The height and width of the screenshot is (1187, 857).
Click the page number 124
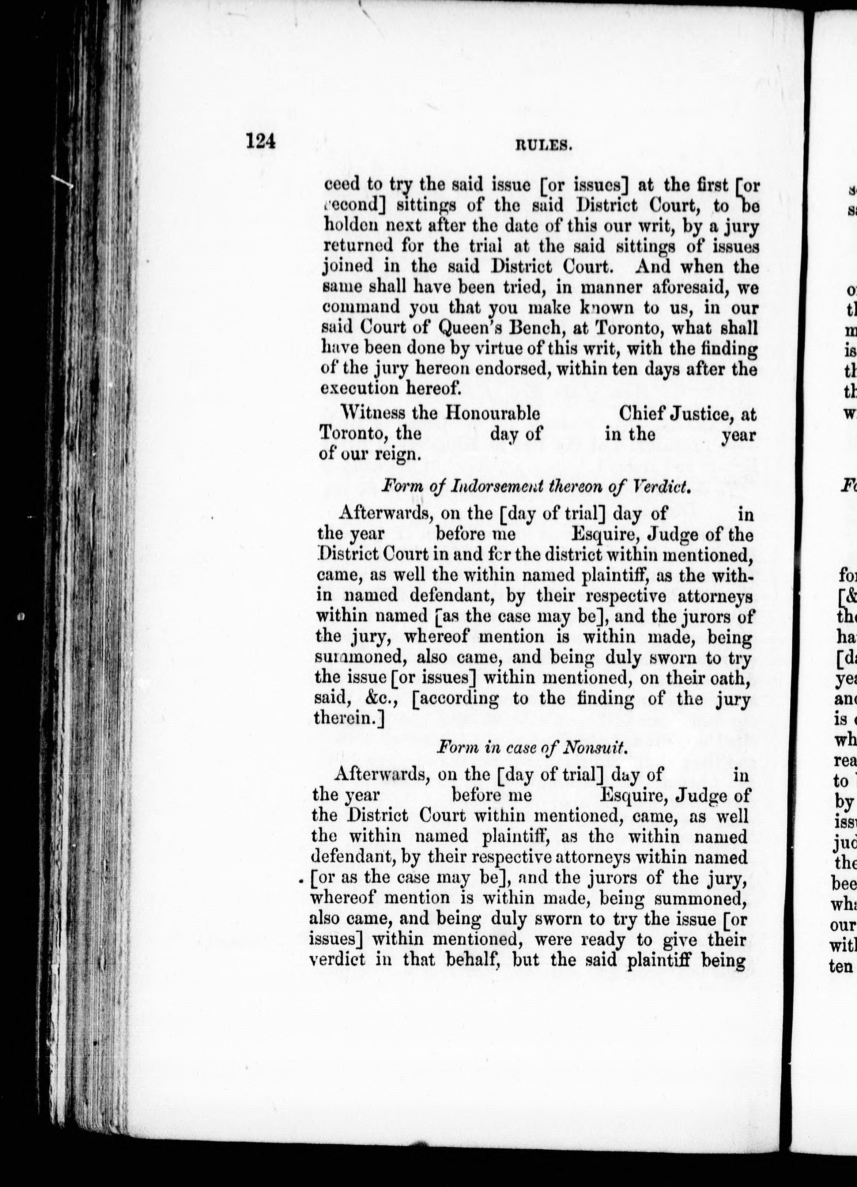(x=260, y=141)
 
